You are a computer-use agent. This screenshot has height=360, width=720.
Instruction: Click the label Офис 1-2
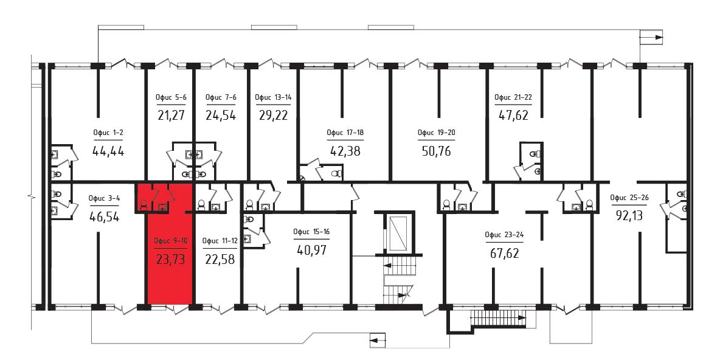point(108,133)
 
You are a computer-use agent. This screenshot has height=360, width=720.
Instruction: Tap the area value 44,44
point(108,151)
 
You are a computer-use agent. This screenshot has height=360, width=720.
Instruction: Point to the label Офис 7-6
point(221,97)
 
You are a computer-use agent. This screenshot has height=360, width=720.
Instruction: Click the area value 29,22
point(273,116)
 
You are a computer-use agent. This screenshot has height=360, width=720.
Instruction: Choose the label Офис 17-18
point(345,133)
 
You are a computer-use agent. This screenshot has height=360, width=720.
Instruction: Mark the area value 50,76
point(436,151)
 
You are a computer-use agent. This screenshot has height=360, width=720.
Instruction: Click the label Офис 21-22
point(513,97)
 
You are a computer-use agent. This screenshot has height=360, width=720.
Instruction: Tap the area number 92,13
point(629,215)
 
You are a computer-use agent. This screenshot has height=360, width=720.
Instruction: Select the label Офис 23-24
point(504,235)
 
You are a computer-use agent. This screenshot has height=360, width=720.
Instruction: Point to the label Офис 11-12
point(220,241)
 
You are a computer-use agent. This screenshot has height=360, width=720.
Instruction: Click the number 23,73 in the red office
point(170,260)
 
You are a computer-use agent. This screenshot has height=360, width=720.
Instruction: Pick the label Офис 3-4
point(104,198)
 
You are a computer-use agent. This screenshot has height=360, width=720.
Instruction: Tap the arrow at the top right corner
point(652,37)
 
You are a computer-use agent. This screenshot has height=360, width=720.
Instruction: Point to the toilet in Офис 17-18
point(336,173)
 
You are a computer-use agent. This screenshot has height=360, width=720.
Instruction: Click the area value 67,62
point(504,252)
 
